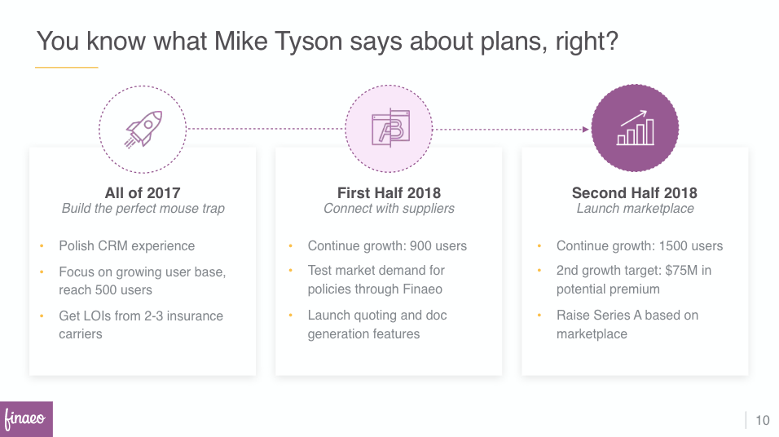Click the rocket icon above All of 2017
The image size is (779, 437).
(x=143, y=130)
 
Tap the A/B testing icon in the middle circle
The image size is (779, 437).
(x=390, y=128)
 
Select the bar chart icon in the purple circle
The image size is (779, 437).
(x=635, y=128)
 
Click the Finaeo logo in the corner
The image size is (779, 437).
(x=26, y=418)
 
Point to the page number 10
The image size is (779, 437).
(x=763, y=421)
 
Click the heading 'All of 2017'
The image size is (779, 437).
(x=143, y=193)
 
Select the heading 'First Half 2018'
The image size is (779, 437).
(x=389, y=193)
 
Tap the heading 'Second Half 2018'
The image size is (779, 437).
(x=635, y=193)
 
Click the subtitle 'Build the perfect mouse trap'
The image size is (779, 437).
(x=143, y=209)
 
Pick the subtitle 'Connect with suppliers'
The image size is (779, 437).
(x=389, y=209)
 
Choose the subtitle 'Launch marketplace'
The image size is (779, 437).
(x=635, y=209)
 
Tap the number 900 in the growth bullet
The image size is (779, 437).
(x=420, y=246)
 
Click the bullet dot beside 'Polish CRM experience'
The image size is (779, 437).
(x=42, y=245)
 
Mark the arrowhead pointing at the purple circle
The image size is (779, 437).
(x=586, y=130)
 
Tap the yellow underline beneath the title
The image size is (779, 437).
(x=67, y=67)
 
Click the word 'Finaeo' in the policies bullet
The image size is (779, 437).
(x=422, y=289)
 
